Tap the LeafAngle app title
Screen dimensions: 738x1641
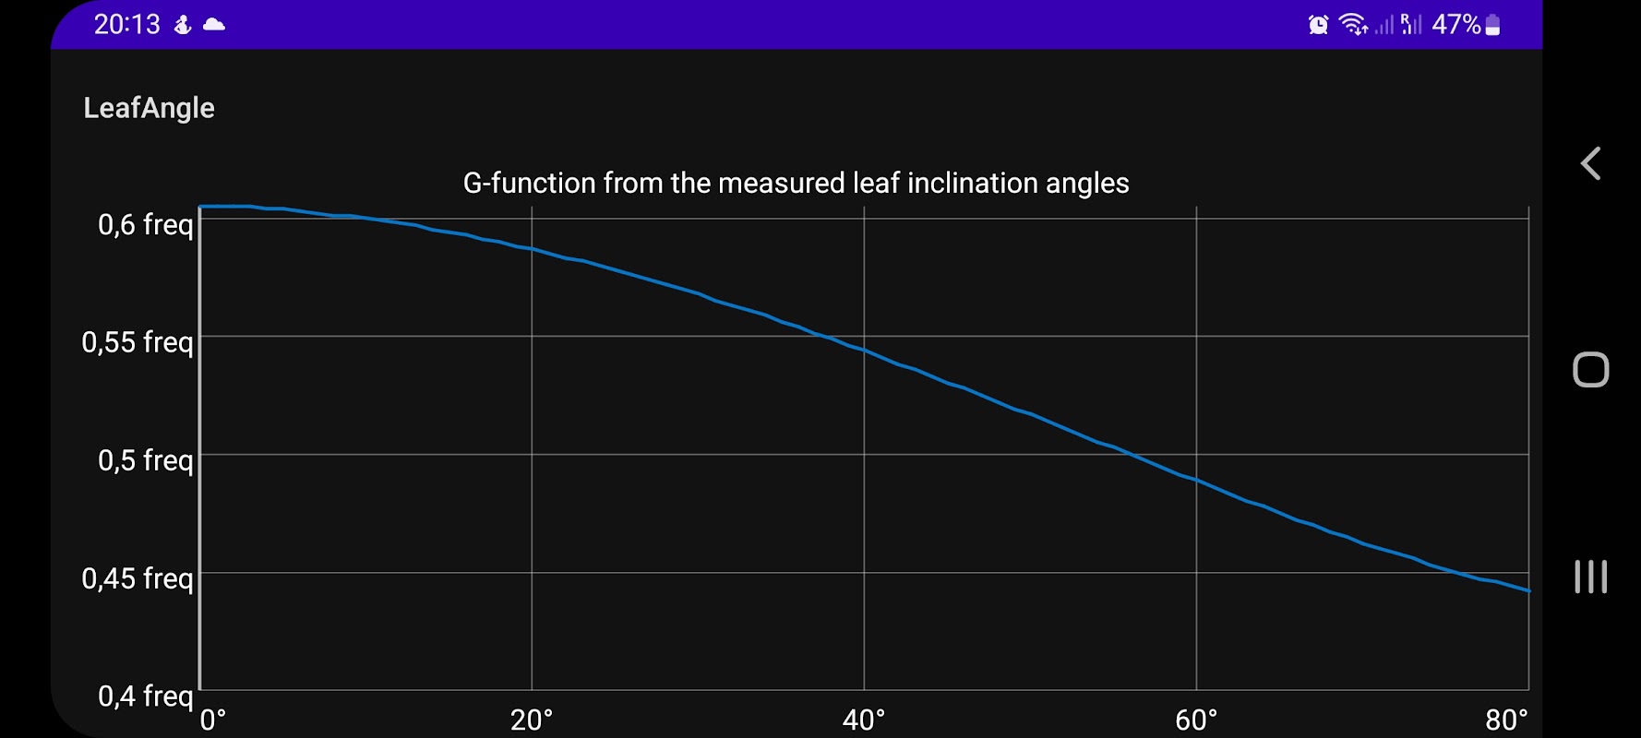[x=149, y=108]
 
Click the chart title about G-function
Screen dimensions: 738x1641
[x=796, y=183]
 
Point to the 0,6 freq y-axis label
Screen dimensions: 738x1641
[x=146, y=224]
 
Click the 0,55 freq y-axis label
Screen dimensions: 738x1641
[x=138, y=342]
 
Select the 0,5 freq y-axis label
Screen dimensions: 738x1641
[x=146, y=459]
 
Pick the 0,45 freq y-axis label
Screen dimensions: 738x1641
[x=138, y=578]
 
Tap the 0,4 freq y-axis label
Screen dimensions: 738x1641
[x=146, y=696]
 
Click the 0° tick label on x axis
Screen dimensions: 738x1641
[x=213, y=720]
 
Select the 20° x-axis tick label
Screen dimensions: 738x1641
[x=532, y=720]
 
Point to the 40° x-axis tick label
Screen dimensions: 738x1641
[x=864, y=720]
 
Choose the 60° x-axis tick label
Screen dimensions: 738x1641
[x=1196, y=720]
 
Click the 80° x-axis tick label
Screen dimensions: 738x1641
[x=1506, y=720]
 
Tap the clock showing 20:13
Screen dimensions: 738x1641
[x=126, y=24]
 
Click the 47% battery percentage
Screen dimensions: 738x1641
[x=1455, y=24]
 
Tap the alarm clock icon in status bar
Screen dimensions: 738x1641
[x=1318, y=25]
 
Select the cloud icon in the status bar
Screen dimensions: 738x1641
[x=214, y=25]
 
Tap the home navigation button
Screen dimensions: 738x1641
[x=1590, y=370]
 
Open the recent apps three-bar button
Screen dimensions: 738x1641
[x=1590, y=577]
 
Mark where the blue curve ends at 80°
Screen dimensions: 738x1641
[x=1528, y=590]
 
